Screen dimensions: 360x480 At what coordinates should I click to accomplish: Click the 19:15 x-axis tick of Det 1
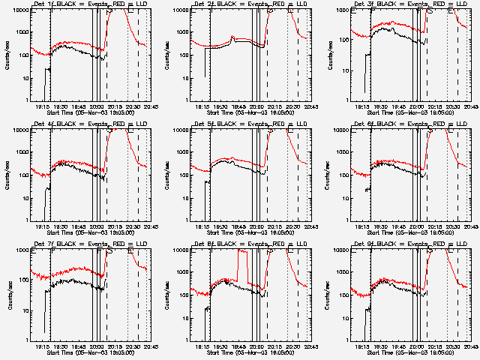42,106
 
